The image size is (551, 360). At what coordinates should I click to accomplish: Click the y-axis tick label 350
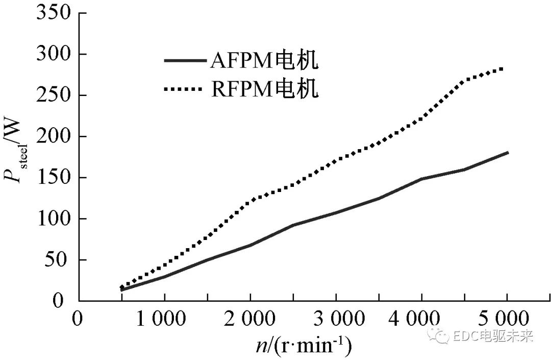click(52, 12)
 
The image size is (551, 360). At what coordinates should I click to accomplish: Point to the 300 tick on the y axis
click(52, 54)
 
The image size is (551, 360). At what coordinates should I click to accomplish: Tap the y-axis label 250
click(52, 95)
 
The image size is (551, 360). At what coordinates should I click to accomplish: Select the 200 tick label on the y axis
click(52, 136)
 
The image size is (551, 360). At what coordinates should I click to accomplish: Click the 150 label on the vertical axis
click(52, 178)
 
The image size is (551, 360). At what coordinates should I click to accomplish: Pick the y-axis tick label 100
click(52, 219)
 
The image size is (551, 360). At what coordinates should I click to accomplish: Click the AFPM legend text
click(264, 62)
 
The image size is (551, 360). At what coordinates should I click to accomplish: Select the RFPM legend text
click(264, 89)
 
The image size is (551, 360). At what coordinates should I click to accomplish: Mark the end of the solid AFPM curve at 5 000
click(508, 152)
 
